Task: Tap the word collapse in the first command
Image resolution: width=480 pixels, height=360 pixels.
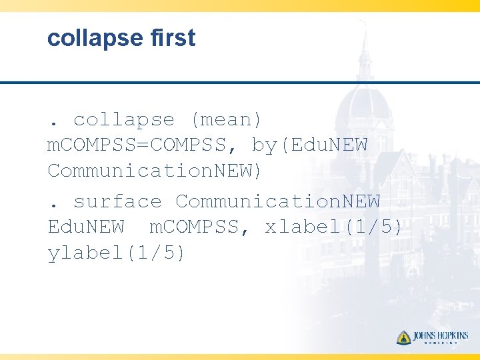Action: click(124, 120)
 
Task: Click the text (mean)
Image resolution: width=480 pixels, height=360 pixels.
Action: click(227, 120)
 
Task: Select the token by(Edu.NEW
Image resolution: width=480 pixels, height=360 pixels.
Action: click(310, 145)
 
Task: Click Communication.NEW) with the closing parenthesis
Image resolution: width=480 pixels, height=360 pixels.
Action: click(155, 171)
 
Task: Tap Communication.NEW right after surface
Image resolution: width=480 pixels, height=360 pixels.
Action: click(277, 201)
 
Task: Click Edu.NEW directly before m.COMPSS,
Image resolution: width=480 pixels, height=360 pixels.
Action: click(86, 227)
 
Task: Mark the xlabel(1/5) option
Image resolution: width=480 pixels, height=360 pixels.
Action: click(334, 227)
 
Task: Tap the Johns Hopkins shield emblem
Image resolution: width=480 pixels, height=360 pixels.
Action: click(403, 337)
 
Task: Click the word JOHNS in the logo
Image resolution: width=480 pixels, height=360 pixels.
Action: click(425, 336)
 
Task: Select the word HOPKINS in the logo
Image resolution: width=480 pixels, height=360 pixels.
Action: click(453, 336)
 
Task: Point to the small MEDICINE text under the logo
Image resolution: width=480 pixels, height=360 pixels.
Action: click(441, 345)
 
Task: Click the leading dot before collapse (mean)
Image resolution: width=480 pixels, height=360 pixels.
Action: click(53, 125)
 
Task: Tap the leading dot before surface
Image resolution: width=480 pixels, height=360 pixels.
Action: click(53, 206)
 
